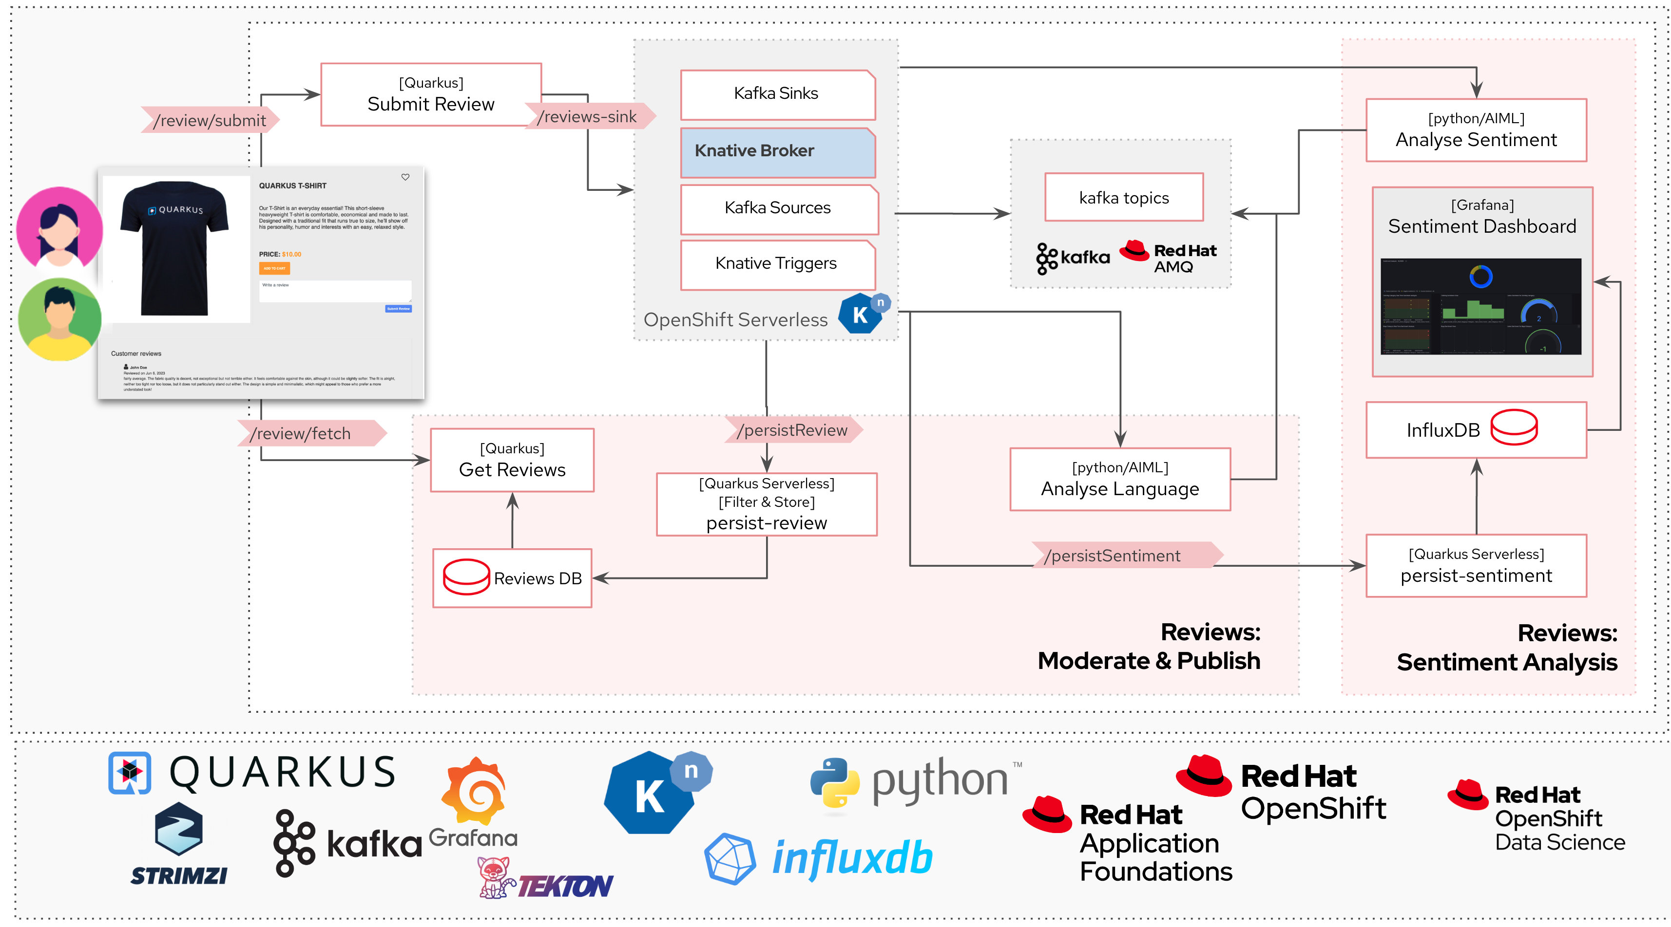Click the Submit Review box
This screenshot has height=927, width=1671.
click(x=431, y=94)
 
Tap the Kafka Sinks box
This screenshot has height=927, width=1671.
click(x=777, y=94)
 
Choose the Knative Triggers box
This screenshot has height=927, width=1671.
click(x=777, y=264)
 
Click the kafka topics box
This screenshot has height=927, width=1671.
click(x=1124, y=198)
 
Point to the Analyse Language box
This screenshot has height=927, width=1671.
click(x=1120, y=480)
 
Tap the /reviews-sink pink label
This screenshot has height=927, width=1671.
click(x=588, y=117)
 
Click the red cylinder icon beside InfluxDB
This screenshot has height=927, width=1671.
click(x=1514, y=428)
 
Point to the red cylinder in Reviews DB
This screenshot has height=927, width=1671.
click(x=466, y=576)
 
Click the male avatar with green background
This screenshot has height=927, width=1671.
click(x=59, y=319)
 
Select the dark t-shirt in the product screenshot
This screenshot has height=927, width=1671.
click(x=174, y=246)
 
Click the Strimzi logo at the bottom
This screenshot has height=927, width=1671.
click(x=178, y=843)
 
